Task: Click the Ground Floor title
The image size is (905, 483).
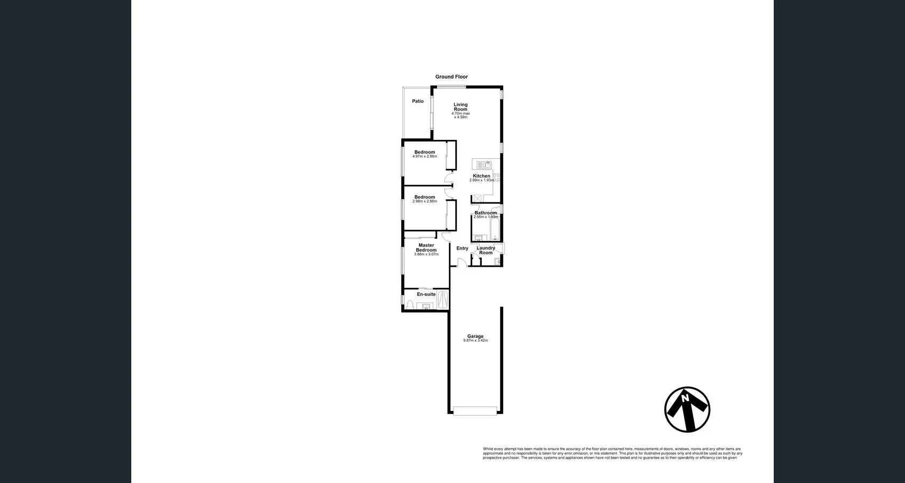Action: click(451, 77)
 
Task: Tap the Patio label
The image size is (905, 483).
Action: click(418, 102)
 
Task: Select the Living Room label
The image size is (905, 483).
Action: click(461, 107)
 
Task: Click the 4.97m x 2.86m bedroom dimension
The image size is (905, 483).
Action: click(425, 157)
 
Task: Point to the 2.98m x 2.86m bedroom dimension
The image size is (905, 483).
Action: click(425, 201)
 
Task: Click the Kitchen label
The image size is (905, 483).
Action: click(481, 176)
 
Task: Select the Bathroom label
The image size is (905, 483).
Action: click(486, 213)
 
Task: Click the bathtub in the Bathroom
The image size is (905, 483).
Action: click(495, 227)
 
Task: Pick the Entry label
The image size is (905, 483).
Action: click(462, 248)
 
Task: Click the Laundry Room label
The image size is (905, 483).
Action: click(486, 250)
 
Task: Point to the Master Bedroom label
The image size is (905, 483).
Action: click(426, 247)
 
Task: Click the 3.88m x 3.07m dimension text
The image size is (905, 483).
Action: click(426, 254)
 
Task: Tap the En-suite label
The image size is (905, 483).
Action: click(426, 294)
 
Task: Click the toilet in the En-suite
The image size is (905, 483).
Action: click(410, 305)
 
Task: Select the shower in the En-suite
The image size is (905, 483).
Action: click(443, 300)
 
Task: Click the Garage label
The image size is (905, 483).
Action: click(475, 336)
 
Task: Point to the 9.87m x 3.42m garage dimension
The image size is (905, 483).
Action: click(475, 341)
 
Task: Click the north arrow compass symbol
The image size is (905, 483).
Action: click(687, 409)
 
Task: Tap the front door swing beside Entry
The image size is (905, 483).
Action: click(462, 262)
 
